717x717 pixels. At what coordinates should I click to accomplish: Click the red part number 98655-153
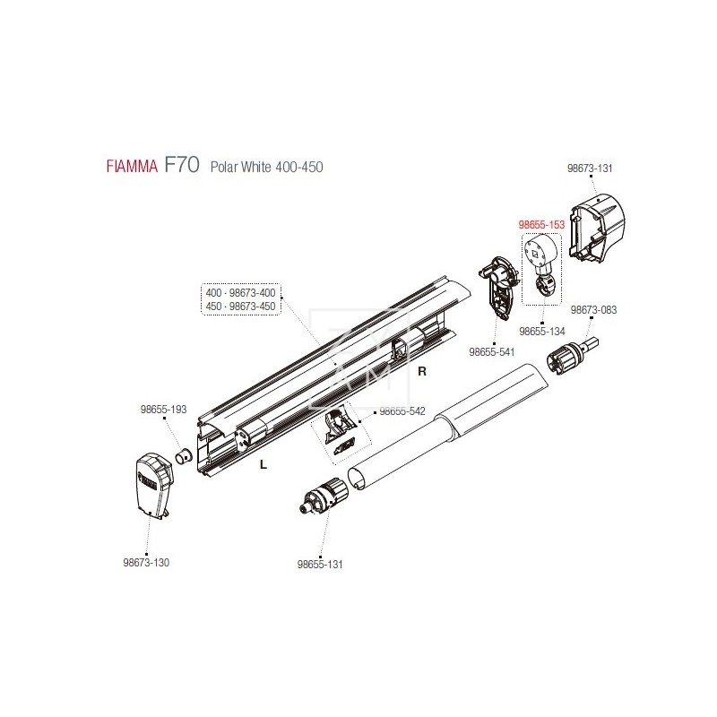[x=541, y=225]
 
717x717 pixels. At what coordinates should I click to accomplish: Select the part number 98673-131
[x=590, y=168]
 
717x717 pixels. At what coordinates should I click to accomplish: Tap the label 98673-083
[x=593, y=310]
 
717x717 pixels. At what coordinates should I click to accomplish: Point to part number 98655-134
[x=542, y=332]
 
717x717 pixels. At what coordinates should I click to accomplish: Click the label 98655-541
[x=491, y=352]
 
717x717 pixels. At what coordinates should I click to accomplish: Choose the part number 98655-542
[x=402, y=411]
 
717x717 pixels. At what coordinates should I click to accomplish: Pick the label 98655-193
[x=164, y=410]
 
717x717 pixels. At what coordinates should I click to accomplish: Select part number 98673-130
[x=146, y=563]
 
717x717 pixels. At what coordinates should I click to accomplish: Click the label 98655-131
[x=320, y=565]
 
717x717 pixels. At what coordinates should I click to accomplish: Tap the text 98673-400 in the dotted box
[x=253, y=293]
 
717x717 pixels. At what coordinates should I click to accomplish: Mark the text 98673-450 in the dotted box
[x=253, y=307]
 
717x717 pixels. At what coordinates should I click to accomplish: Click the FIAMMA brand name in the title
[x=132, y=166]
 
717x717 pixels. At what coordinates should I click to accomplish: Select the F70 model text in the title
[x=182, y=164]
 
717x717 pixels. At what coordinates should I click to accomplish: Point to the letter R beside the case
[x=422, y=371]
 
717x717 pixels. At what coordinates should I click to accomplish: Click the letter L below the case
[x=263, y=464]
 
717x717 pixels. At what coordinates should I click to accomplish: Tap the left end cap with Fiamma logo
[x=154, y=486]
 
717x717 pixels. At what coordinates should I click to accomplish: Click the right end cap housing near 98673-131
[x=597, y=228]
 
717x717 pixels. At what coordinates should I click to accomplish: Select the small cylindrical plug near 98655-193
[x=185, y=456]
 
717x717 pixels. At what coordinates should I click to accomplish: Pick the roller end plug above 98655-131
[x=323, y=497]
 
